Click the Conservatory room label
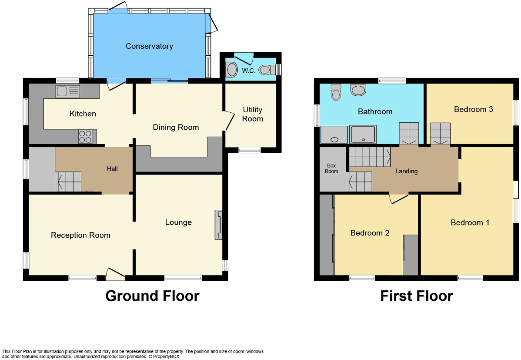149,46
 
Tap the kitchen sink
67,91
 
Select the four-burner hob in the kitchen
85,137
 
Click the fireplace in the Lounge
218,225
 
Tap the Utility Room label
253,114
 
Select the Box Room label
331,168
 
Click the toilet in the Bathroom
336,92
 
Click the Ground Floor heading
152,296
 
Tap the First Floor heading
416,296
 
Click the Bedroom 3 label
473,109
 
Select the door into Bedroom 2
399,197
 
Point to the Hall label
112,169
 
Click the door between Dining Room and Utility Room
228,120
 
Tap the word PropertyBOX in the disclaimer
161,357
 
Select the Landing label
406,171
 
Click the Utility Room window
250,150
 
